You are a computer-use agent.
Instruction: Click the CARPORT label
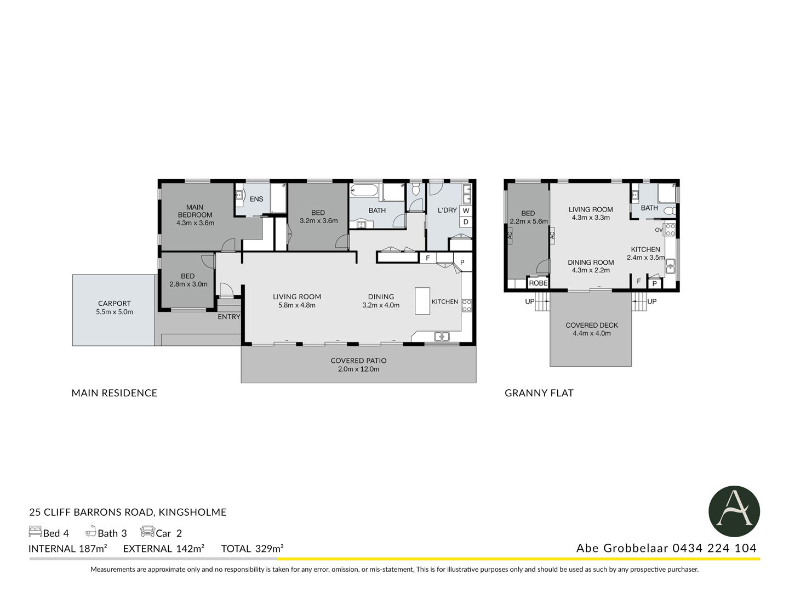115,303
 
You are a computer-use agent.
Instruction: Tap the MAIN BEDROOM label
195,211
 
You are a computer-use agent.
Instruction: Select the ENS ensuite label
256,199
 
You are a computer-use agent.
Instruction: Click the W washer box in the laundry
466,210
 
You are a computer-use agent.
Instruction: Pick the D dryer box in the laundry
466,222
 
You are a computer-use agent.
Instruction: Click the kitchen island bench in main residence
422,301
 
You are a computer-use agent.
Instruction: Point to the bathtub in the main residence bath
364,190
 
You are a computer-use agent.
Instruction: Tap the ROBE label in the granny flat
538,283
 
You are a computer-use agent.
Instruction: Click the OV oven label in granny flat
659,230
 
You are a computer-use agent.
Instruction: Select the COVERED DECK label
592,325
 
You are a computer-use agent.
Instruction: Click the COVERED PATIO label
358,361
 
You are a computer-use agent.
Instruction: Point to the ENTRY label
228,317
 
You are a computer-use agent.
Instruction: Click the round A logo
734,511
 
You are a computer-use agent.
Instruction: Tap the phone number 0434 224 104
714,548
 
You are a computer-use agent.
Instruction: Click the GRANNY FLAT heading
539,393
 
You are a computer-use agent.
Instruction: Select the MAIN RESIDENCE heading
115,393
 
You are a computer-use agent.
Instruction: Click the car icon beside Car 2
147,531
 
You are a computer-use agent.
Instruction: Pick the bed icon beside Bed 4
35,532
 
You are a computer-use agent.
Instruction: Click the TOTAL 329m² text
253,549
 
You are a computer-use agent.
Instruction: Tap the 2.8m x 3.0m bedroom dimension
188,284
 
